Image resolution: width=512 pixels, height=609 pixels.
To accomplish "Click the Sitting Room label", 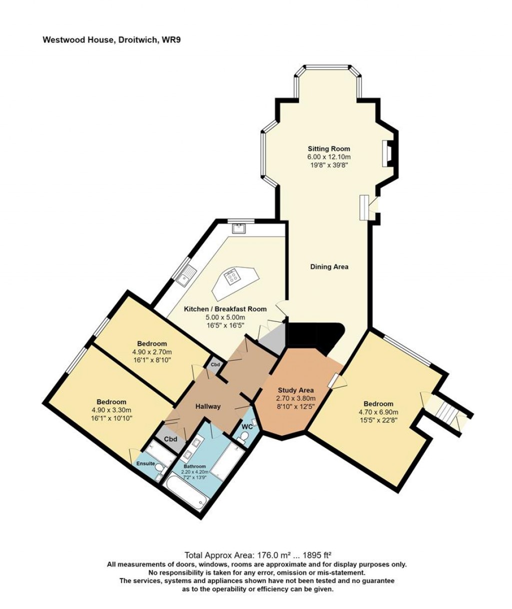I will pyautogui.click(x=328, y=149).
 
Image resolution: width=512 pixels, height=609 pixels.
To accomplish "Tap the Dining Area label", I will pyautogui.click(x=329, y=267).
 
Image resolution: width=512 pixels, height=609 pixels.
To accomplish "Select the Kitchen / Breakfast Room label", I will pyautogui.click(x=225, y=309).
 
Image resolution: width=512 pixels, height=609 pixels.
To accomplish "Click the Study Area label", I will pyautogui.click(x=295, y=390).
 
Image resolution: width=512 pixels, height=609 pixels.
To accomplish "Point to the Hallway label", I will pyautogui.click(x=208, y=406).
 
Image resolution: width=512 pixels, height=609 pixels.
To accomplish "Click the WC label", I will pyautogui.click(x=247, y=427).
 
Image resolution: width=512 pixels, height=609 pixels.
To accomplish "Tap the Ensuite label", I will pyautogui.click(x=145, y=464).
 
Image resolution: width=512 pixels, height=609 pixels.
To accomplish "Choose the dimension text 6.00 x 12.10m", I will pyautogui.click(x=328, y=157).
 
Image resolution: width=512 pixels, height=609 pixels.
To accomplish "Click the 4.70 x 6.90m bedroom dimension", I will pyautogui.click(x=378, y=412).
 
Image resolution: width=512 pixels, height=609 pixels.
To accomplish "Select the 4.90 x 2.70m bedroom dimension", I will pyautogui.click(x=152, y=352).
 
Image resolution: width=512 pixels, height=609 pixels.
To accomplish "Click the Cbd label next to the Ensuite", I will pyautogui.click(x=171, y=439).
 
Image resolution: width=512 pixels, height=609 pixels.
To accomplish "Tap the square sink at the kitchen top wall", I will pyautogui.click(x=238, y=229).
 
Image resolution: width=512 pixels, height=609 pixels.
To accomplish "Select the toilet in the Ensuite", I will pyautogui.click(x=159, y=468).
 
